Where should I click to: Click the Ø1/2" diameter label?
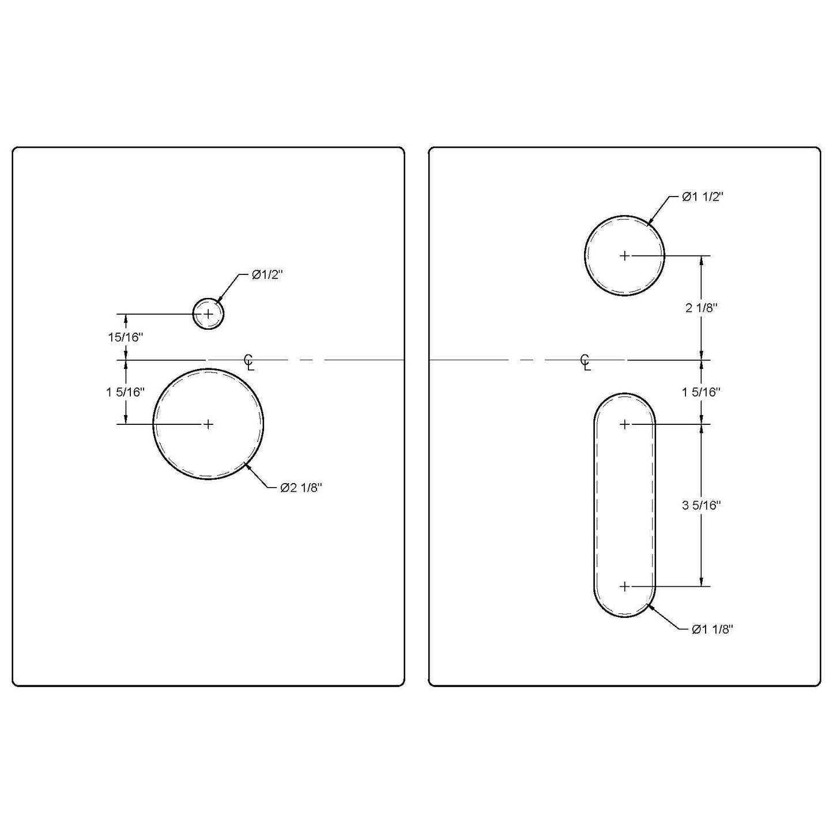pyautogui.click(x=267, y=276)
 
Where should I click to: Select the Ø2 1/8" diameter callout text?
pyautogui.click(x=301, y=488)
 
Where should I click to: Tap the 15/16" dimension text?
pyautogui.click(x=125, y=337)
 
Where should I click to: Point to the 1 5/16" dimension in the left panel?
pyautogui.click(x=125, y=392)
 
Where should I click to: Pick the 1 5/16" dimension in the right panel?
pyautogui.click(x=701, y=392)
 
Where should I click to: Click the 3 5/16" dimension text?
pyautogui.click(x=701, y=505)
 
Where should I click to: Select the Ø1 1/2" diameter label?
pyautogui.click(x=702, y=197)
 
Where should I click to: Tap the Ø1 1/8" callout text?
pyautogui.click(x=712, y=630)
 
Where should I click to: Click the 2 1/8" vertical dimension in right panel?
pyautogui.click(x=701, y=308)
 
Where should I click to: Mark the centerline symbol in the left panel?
pyautogui.click(x=249, y=362)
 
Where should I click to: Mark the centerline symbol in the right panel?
pyautogui.click(x=586, y=362)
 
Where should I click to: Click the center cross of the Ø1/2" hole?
pyautogui.click(x=208, y=314)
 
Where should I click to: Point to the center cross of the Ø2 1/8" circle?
pyautogui.click(x=208, y=424)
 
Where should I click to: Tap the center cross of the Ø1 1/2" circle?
pyautogui.click(x=625, y=255)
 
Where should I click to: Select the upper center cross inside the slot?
pyautogui.click(x=625, y=424)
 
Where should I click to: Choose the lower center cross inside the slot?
pyautogui.click(x=625, y=586)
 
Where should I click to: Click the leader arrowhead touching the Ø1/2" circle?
pyautogui.click(x=218, y=300)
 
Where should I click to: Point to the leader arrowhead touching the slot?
pyautogui.click(x=649, y=605)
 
